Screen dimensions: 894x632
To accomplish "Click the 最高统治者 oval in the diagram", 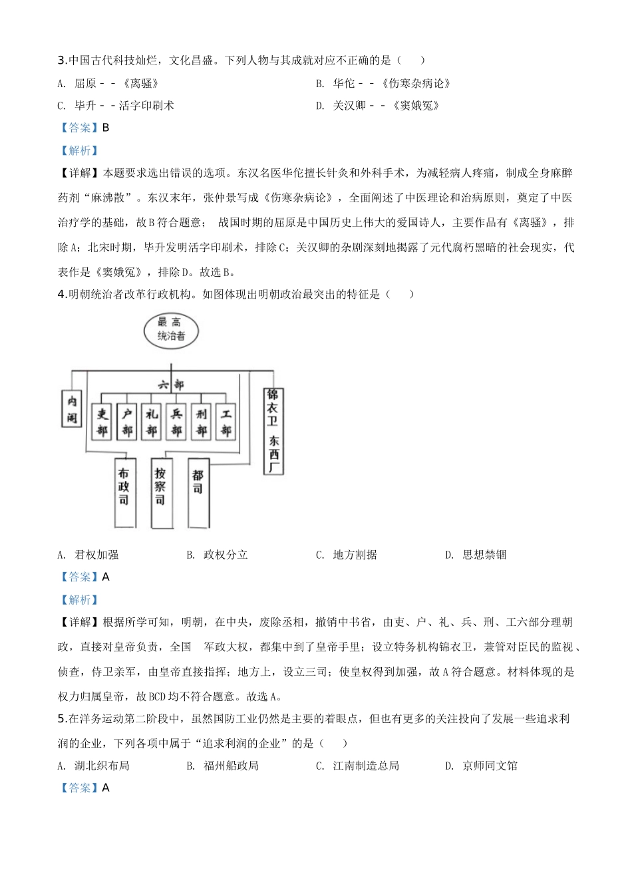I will [x=171, y=331].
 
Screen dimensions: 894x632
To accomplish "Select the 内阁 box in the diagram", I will [x=72, y=409].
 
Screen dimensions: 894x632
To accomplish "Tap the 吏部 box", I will [x=102, y=422].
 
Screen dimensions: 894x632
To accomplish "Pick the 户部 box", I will [x=127, y=422].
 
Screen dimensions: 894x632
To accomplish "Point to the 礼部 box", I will [x=152, y=422].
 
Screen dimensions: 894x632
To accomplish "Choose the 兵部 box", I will [x=176, y=422].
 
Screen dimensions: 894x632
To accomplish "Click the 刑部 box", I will [x=202, y=422].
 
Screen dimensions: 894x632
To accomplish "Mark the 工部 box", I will [x=226, y=422].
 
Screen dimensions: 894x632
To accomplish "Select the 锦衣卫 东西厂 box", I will [x=273, y=431].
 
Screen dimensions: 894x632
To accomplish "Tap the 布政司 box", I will [x=124, y=492].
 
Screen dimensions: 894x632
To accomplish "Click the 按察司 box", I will [x=161, y=492].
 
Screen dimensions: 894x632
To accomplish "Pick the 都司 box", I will [x=198, y=492].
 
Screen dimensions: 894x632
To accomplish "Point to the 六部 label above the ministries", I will [x=171, y=384].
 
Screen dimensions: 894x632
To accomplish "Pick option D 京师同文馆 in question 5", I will [x=482, y=766].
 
